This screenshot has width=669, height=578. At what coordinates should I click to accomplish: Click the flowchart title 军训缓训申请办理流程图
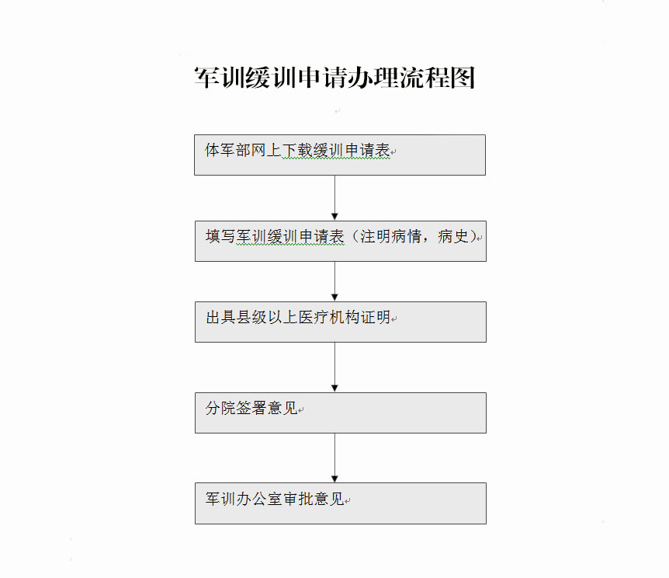tap(335, 78)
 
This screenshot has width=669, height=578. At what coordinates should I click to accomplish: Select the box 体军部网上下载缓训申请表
tap(340, 155)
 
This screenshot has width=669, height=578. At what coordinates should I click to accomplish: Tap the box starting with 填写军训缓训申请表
tap(341, 241)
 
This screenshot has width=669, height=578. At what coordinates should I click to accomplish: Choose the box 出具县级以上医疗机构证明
tap(341, 322)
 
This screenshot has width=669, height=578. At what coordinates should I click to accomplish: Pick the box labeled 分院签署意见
tap(341, 413)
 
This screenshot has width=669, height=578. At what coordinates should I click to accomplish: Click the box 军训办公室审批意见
tap(341, 503)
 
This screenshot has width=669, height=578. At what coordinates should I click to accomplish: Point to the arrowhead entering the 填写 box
tap(335, 217)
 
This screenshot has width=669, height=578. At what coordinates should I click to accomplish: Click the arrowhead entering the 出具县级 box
tap(335, 298)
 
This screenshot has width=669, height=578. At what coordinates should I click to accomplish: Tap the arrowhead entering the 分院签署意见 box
tap(335, 388)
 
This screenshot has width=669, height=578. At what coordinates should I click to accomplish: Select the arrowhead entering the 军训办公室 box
tap(335, 479)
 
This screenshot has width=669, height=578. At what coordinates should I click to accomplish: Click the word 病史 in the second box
tap(452, 236)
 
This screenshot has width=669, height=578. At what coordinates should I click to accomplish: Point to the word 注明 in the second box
tap(376, 236)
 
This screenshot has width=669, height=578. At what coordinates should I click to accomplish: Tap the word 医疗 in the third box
tap(314, 317)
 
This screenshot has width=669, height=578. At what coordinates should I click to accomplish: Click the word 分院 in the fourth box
tap(220, 408)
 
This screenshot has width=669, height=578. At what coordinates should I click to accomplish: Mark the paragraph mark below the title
tap(338, 111)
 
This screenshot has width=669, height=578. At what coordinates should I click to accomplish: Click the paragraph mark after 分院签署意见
tap(301, 410)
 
